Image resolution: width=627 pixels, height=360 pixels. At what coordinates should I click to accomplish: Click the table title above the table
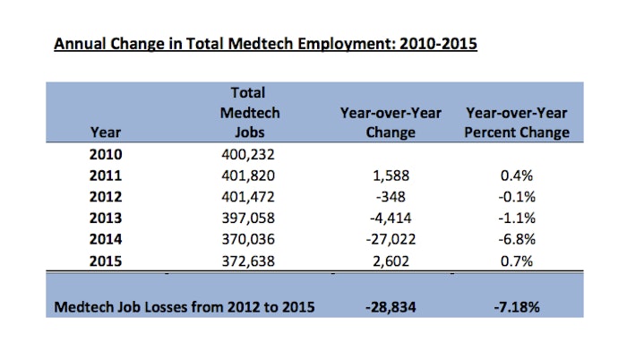pyautogui.click(x=265, y=44)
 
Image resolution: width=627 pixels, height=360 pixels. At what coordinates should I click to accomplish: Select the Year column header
pyautogui.click(x=106, y=133)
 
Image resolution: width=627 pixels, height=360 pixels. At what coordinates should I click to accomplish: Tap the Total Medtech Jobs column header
pyautogui.click(x=250, y=113)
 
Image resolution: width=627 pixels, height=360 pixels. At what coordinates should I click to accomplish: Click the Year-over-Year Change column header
pyautogui.click(x=391, y=123)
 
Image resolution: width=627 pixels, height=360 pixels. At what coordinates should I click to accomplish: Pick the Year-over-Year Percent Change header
pyautogui.click(x=517, y=123)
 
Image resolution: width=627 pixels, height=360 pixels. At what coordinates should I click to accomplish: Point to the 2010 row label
pyautogui.click(x=106, y=154)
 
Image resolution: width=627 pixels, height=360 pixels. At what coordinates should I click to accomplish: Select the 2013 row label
pyautogui.click(x=106, y=218)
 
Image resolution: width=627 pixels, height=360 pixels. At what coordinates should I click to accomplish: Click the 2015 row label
pyautogui.click(x=106, y=261)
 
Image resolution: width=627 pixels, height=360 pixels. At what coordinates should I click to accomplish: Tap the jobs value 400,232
pyautogui.click(x=248, y=154)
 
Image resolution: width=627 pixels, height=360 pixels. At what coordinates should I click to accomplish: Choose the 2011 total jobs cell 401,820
pyautogui.click(x=248, y=176)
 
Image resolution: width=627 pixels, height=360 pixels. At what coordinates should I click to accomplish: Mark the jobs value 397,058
pyautogui.click(x=248, y=218)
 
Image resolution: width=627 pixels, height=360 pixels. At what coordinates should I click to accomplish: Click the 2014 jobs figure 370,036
pyautogui.click(x=248, y=239)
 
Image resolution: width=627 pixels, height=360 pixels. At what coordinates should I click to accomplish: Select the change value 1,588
pyautogui.click(x=391, y=176)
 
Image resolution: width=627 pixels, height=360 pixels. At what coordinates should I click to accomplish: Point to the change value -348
pyautogui.click(x=391, y=197)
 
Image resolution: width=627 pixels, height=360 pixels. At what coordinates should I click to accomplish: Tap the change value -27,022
pyautogui.click(x=391, y=239)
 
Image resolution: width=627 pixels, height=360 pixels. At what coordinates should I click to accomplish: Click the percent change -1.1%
pyautogui.click(x=517, y=218)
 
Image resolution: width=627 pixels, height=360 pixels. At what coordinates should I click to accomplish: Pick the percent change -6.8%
pyautogui.click(x=517, y=239)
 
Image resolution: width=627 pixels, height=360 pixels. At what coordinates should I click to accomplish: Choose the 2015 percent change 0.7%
pyautogui.click(x=517, y=261)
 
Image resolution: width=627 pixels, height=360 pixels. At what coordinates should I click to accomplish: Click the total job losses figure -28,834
pyautogui.click(x=391, y=307)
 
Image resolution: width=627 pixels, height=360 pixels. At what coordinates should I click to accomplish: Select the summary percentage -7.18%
pyautogui.click(x=517, y=307)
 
